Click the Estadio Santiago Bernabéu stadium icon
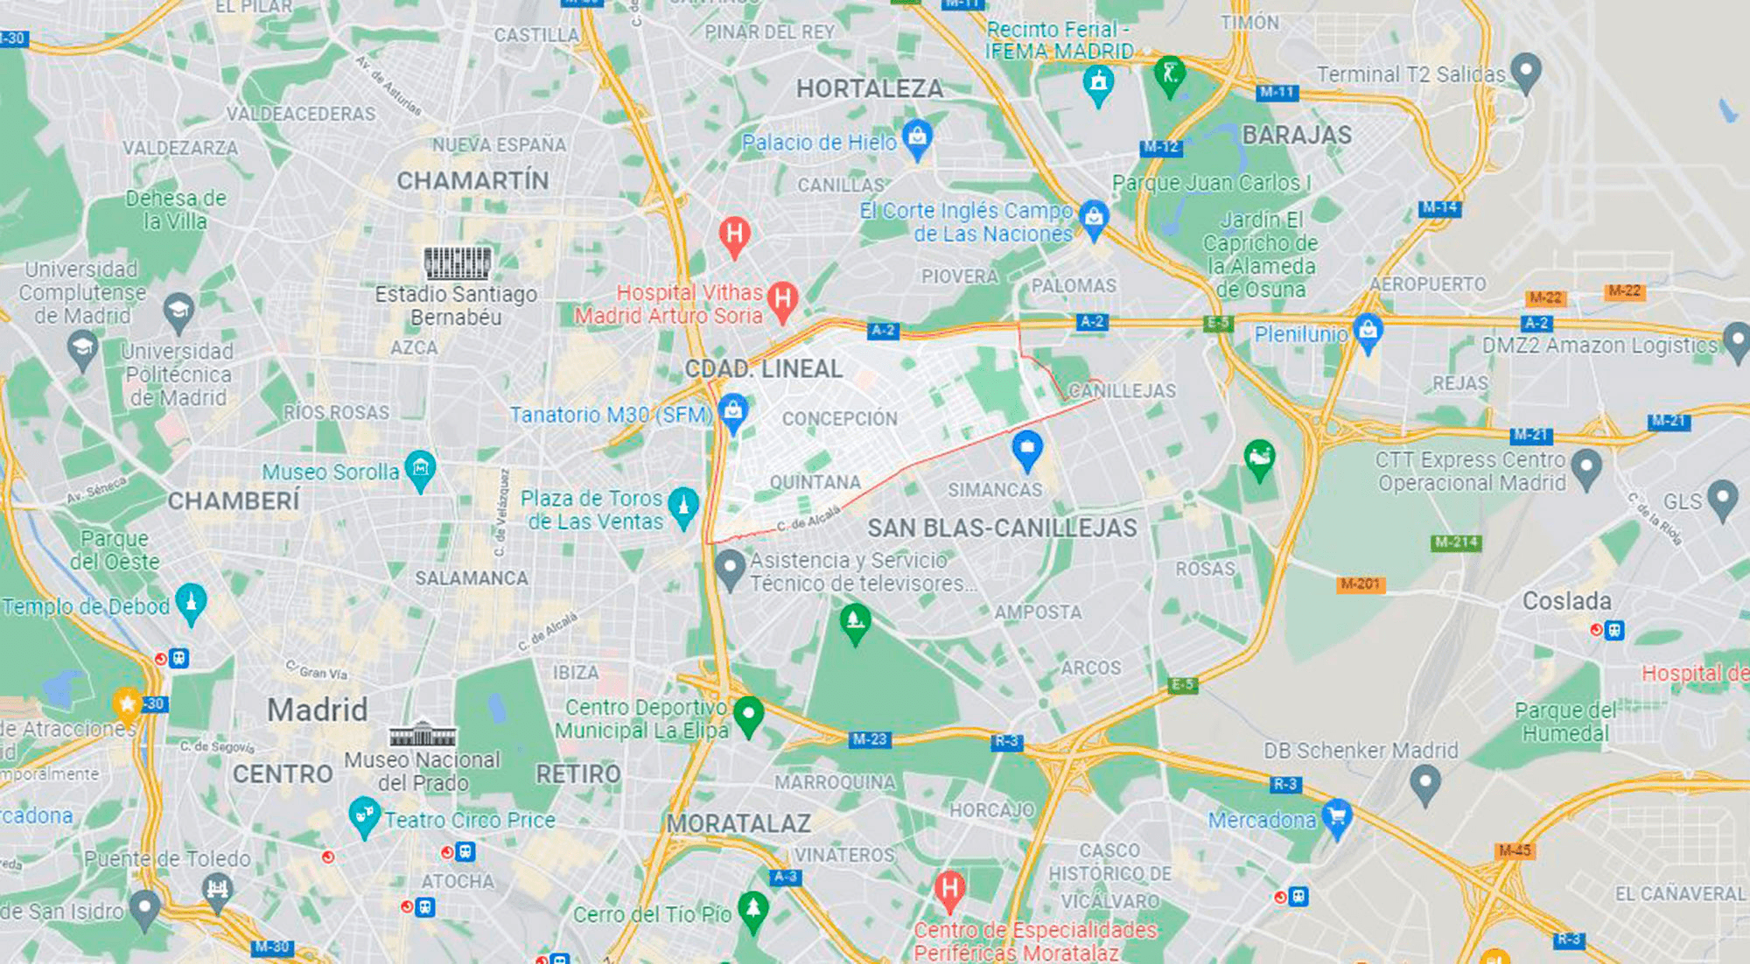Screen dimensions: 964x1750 click(457, 262)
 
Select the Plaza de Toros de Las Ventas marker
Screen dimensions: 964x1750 click(682, 505)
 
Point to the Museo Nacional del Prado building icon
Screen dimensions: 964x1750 click(422, 733)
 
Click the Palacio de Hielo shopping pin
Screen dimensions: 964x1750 click(917, 137)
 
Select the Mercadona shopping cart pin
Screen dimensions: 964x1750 click(1336, 816)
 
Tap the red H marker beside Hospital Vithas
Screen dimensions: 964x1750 click(782, 300)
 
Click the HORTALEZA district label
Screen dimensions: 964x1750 click(869, 88)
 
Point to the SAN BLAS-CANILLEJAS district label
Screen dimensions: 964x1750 click(1002, 528)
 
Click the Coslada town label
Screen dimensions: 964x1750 click(1566, 601)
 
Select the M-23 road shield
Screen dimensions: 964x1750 click(869, 739)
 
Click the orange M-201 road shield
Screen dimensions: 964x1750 click(1360, 583)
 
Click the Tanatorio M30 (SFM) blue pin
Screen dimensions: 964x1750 click(733, 410)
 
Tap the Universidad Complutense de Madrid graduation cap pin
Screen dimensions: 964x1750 click(178, 310)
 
